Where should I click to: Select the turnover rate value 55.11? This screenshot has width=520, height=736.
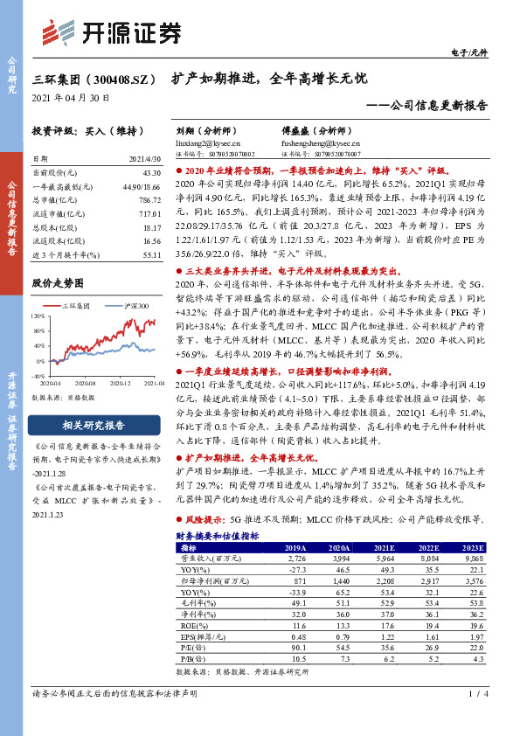[x=151, y=254]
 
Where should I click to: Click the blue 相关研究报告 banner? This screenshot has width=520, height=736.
[x=94, y=426]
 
